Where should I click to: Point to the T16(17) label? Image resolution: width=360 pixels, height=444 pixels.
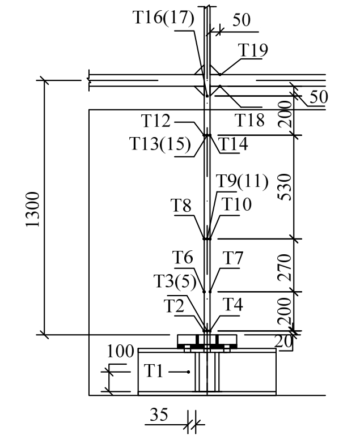[x=164, y=18]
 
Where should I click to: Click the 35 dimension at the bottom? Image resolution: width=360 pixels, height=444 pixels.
[x=159, y=416]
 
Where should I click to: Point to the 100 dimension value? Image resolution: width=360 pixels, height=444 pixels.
[x=120, y=351]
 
